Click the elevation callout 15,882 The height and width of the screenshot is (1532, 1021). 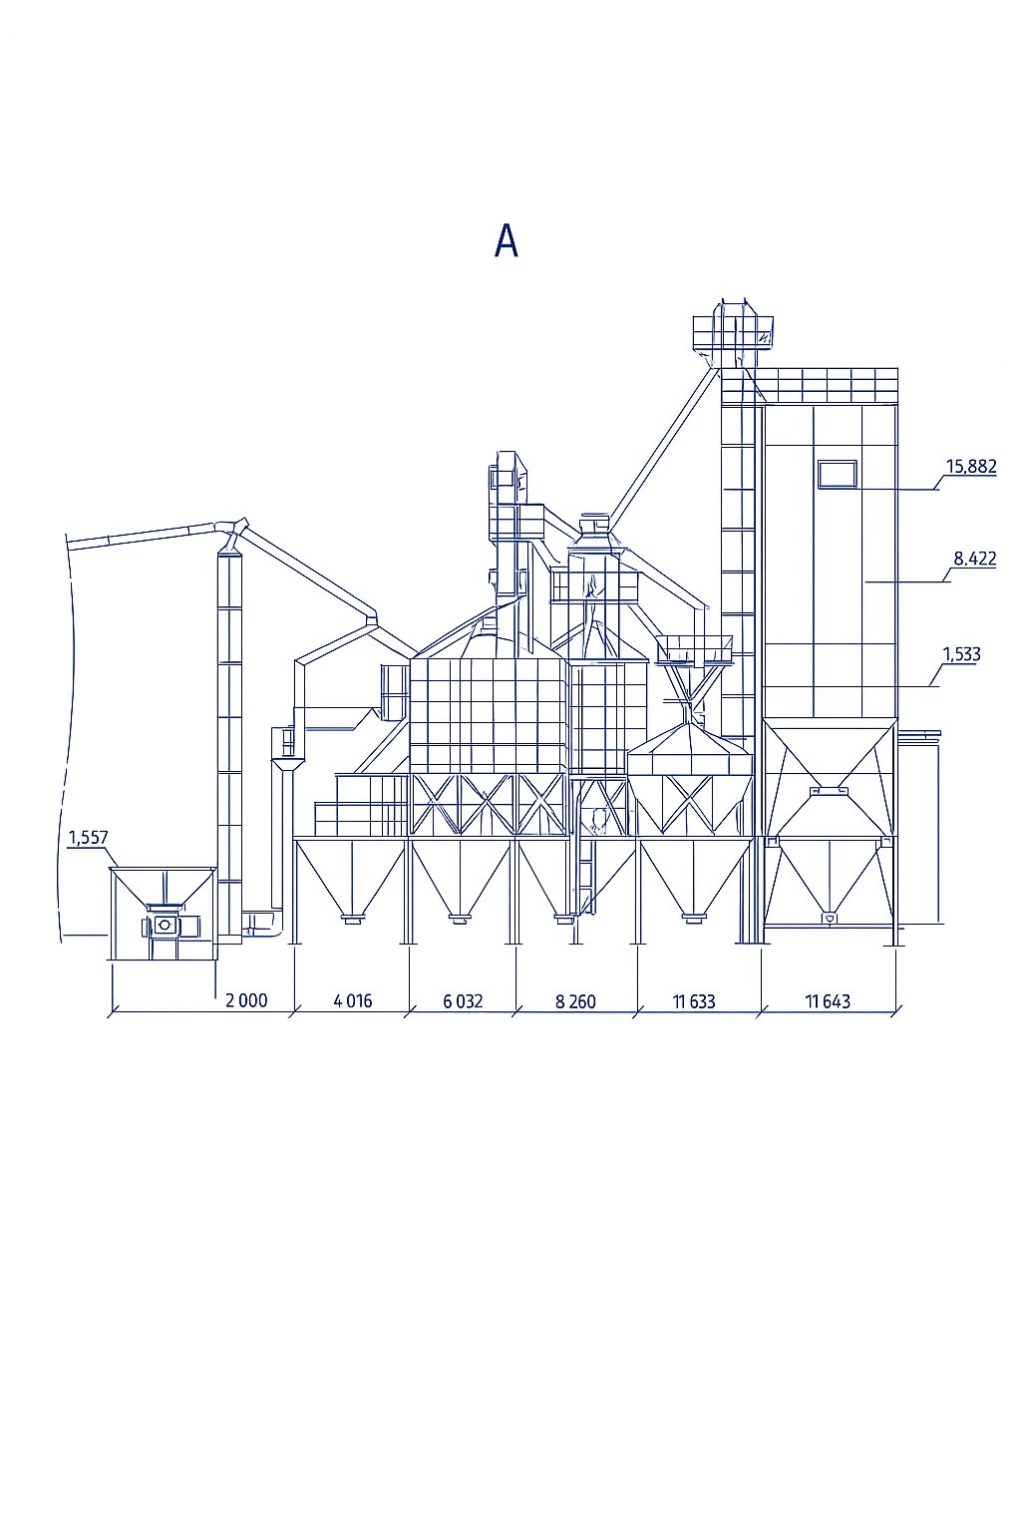971,467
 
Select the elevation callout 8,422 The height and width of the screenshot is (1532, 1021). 975,559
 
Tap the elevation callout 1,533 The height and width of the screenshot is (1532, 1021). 961,654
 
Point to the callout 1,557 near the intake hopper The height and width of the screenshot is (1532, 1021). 88,838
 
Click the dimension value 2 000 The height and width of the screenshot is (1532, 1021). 246,1001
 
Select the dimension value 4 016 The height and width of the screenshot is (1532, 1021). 353,1001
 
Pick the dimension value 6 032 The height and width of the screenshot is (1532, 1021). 463,1001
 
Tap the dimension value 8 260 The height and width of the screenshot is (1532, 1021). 576,1001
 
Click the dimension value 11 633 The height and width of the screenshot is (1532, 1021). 694,1001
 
